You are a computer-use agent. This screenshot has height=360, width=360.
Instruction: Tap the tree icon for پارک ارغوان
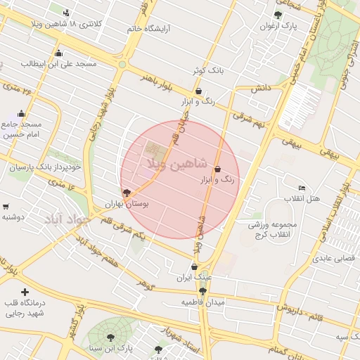[x=278, y=14]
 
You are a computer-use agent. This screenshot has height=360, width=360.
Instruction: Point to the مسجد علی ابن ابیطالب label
[x=58, y=63]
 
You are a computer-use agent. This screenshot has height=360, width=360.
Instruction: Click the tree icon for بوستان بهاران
[x=127, y=192]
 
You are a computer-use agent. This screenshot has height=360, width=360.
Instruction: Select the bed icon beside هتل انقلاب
[x=302, y=188]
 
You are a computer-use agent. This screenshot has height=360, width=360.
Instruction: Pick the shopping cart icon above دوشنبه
[x=6, y=207]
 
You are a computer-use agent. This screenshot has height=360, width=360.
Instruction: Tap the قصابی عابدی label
[x=330, y=258]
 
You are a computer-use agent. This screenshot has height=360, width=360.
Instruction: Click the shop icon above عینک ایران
[x=194, y=266]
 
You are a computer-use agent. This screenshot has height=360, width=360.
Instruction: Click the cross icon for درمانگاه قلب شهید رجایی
[x=25, y=291]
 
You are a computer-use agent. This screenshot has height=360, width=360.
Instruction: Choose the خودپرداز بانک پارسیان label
[x=44, y=167]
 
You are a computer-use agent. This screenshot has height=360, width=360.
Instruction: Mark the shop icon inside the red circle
[x=217, y=169]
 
